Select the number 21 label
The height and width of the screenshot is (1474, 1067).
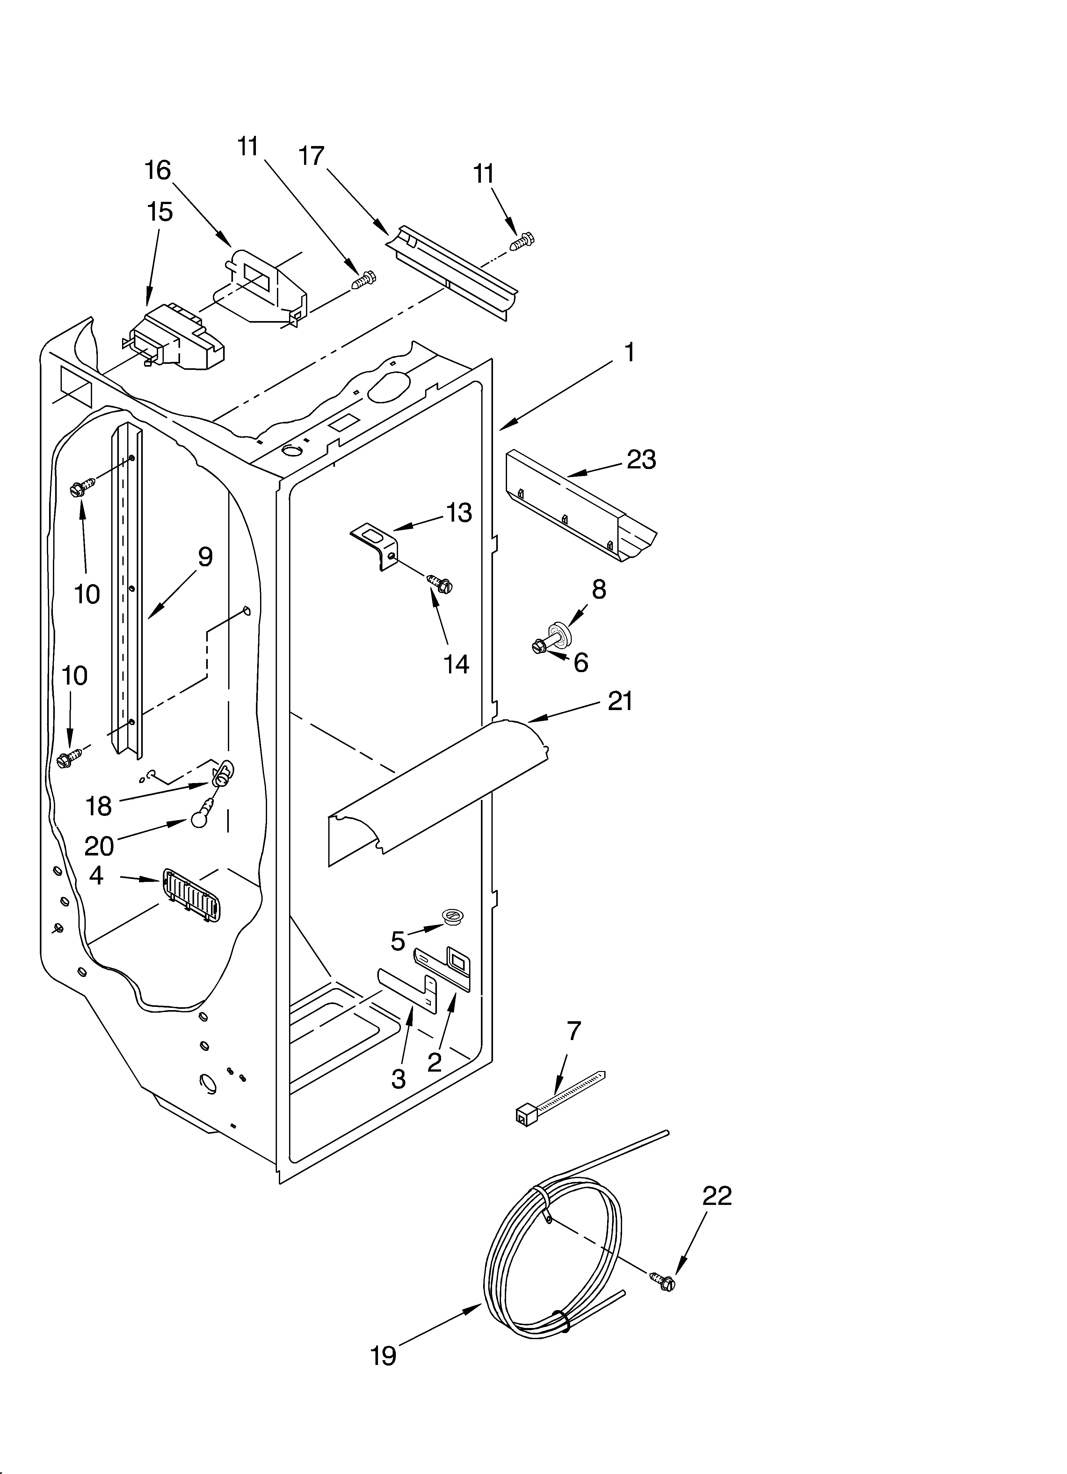click(619, 701)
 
